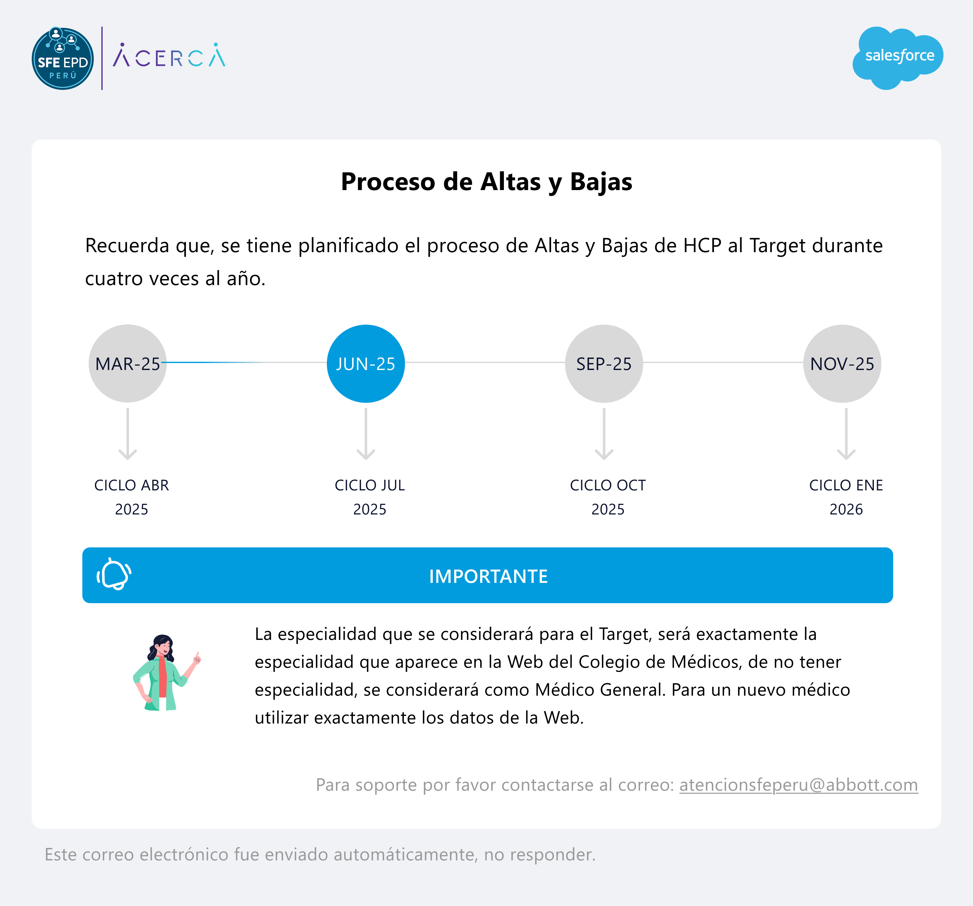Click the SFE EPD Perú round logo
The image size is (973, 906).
pos(63,58)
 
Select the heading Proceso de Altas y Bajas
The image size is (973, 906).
pos(486,182)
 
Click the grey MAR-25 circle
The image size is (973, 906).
pos(128,364)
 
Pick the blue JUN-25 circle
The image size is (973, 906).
pos(366,364)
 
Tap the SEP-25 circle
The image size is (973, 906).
pos(604,364)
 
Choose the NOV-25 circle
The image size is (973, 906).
pos(842,364)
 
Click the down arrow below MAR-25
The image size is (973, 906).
pos(128,434)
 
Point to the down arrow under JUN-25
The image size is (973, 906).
pos(366,434)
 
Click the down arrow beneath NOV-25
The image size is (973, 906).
pos(846,434)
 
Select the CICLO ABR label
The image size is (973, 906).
pos(132,485)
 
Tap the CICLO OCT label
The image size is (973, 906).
pos(608,485)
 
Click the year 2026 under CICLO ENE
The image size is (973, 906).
pos(846,509)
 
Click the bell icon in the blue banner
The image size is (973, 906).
pos(114,574)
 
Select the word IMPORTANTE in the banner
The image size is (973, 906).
pos(488,576)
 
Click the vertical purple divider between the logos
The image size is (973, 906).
pos(102,58)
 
